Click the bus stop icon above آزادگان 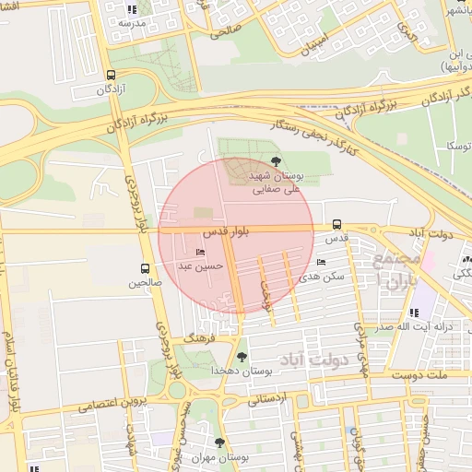pyautogui.click(x=111, y=76)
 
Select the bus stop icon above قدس pyautogui.click(x=336, y=224)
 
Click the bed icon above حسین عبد pyautogui.click(x=201, y=253)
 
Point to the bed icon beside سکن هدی pyautogui.click(x=320, y=263)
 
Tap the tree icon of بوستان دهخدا pyautogui.click(x=242, y=356)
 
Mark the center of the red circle pyautogui.click(x=236, y=236)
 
